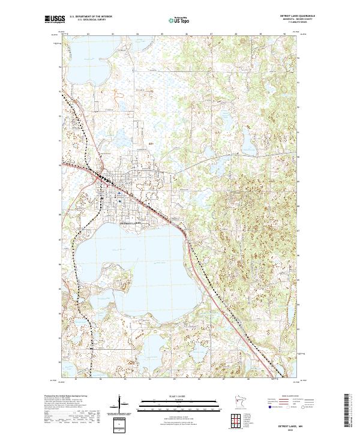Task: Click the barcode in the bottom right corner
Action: [x=349, y=411]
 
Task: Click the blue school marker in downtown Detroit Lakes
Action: [x=119, y=193]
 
